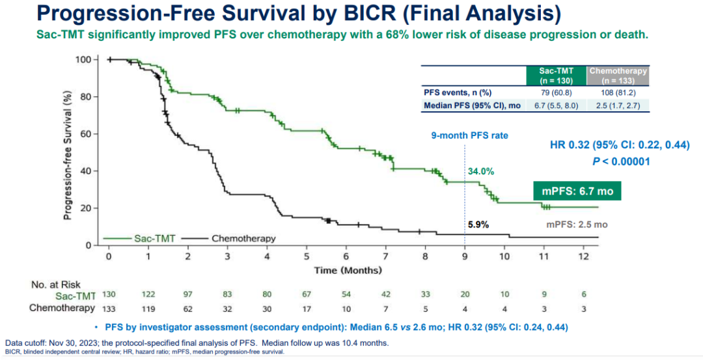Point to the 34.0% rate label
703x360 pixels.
[481, 172]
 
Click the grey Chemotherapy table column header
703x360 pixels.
[618, 76]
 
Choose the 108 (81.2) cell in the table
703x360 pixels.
[618, 93]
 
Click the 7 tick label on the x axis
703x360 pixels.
[385, 256]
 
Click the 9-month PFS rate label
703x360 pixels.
[469, 136]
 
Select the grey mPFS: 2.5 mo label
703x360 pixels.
[576, 225]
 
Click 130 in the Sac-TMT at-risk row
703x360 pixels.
[109, 296]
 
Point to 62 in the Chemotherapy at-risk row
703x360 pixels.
[187, 308]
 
